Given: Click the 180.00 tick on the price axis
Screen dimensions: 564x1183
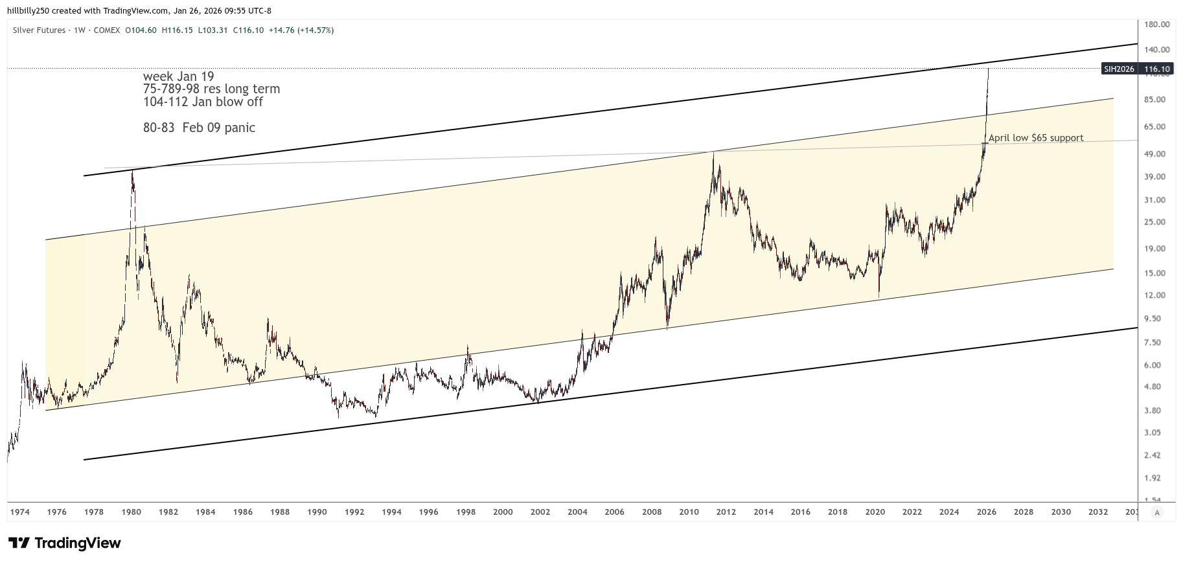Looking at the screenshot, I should (1156, 25).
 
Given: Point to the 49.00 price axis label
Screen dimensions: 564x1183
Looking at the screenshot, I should (1156, 154).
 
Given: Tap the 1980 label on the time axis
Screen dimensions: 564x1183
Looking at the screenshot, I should (132, 512).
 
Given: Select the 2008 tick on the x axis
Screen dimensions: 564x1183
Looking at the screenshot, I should (652, 512).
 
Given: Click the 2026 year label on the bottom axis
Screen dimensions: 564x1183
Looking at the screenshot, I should (986, 512).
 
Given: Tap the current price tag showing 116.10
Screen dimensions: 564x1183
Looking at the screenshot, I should (1156, 69).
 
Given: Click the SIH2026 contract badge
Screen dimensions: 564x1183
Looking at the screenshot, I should (1119, 69).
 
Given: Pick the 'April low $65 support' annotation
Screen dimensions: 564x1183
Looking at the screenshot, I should (1035, 138).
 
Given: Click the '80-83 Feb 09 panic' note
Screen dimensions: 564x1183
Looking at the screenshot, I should (199, 128).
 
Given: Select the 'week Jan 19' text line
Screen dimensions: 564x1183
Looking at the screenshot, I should (178, 76).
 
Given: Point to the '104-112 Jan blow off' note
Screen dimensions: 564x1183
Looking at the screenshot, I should (203, 102).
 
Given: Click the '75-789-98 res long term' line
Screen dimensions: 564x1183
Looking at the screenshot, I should (211, 89).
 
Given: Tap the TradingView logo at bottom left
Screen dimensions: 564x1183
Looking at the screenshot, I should (65, 543).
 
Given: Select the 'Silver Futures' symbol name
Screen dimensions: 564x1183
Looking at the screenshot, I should (39, 30).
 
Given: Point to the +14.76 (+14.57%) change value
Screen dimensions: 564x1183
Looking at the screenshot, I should (301, 30).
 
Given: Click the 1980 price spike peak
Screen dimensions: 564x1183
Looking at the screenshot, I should (132, 171).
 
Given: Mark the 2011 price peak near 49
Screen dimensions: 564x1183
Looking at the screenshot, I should (713, 152).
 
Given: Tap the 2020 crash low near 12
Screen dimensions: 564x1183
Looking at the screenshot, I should (879, 297).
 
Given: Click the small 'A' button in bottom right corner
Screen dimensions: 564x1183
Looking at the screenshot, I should (1156, 512).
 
